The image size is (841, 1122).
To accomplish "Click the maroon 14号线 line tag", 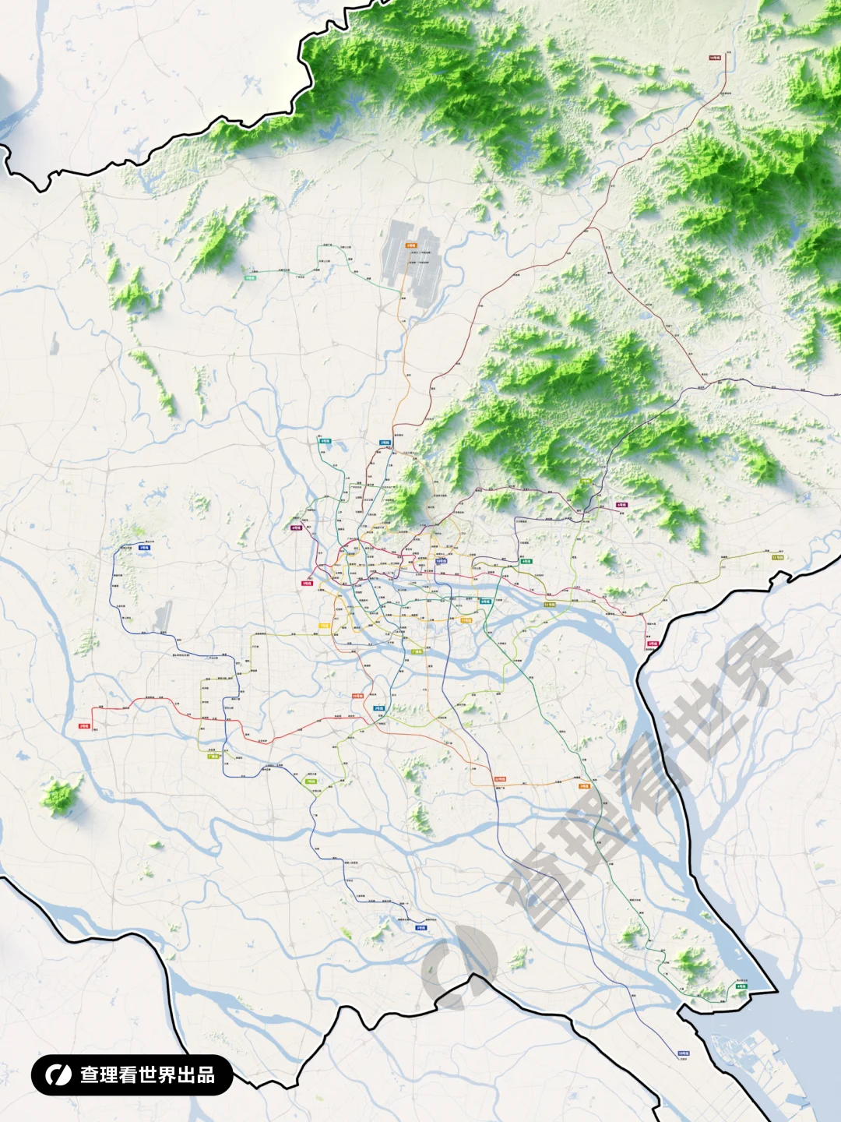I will pyautogui.click(x=714, y=58).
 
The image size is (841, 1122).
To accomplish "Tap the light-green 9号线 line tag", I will pyautogui.click(x=250, y=277).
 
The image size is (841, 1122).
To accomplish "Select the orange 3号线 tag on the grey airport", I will pyautogui.click(x=410, y=245).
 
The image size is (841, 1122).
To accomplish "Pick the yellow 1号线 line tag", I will pyautogui.click(x=323, y=626).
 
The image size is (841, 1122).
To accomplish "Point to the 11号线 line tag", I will pyautogui.click(x=466, y=621).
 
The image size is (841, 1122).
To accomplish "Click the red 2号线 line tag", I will pyautogui.click(x=83, y=726).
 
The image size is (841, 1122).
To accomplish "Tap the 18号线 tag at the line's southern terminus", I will pyautogui.click(x=683, y=1053).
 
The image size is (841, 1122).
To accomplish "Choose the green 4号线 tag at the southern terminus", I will pyautogui.click(x=741, y=986).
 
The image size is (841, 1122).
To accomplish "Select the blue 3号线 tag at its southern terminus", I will pyautogui.click(x=420, y=928).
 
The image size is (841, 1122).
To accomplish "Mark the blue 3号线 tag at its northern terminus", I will pyautogui.click(x=144, y=548).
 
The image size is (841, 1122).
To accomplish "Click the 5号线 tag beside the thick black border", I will pyautogui.click(x=652, y=644).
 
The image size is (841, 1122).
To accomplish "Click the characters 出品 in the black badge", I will pyautogui.click(x=196, y=1075).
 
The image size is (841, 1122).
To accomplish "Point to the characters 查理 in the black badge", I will pyautogui.click(x=99, y=1075).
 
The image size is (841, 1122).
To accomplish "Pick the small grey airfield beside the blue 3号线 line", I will pyautogui.click(x=162, y=616).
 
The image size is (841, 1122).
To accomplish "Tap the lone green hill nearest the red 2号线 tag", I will pyautogui.click(x=61, y=795).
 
